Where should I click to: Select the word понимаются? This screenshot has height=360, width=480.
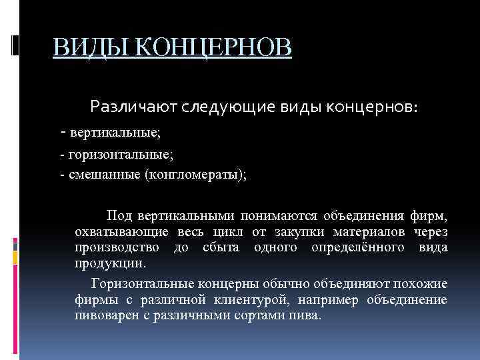point(284,215)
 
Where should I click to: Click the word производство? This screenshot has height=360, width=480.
point(117,247)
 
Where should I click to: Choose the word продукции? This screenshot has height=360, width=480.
point(105,263)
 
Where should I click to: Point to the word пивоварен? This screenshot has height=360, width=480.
point(102,315)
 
